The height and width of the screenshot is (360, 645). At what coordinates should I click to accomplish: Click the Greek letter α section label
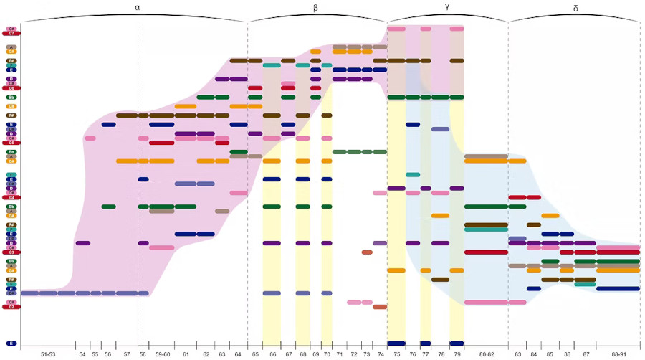click(138, 7)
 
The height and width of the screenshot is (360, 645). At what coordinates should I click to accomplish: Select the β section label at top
click(316, 7)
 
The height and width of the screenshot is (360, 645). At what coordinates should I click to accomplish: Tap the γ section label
click(447, 7)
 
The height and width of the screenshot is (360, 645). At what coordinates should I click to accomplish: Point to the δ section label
click(575, 7)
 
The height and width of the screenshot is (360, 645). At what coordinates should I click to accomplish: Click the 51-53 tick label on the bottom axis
click(48, 354)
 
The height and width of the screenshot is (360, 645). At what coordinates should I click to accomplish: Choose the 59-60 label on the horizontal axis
click(161, 354)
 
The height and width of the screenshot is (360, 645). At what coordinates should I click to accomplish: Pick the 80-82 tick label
click(487, 354)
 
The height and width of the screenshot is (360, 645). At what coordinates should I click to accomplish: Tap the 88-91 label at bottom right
click(618, 354)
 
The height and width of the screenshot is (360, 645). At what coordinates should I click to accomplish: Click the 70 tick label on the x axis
click(327, 354)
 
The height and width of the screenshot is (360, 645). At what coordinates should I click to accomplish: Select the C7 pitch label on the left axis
click(11, 33)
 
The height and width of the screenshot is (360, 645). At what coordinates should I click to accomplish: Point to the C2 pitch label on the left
click(11, 307)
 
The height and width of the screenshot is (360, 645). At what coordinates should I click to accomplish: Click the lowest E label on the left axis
click(11, 344)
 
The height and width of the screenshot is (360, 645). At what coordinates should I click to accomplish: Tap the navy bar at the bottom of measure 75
click(396, 344)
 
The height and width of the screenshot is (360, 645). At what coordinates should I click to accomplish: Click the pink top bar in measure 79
click(457, 29)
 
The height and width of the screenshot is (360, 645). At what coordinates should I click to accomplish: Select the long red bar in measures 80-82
click(486, 252)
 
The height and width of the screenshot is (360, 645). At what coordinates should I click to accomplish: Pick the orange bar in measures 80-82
click(486, 161)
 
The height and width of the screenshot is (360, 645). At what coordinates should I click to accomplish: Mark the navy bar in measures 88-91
click(618, 289)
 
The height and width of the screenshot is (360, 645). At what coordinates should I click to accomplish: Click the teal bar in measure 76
click(413, 174)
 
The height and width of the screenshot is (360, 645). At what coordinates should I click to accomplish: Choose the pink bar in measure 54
click(90, 138)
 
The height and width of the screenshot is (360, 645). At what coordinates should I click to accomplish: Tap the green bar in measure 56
click(109, 207)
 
